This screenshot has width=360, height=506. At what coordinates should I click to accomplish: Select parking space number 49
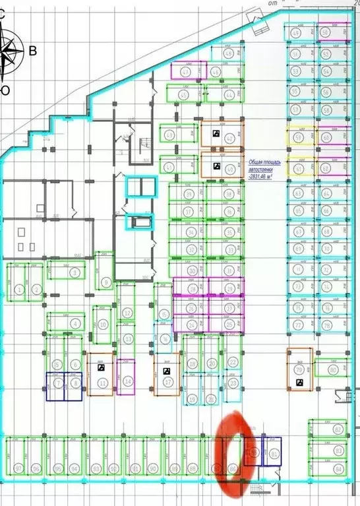pos(297,32)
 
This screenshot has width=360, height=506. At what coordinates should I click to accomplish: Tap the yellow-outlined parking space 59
pos(298,137)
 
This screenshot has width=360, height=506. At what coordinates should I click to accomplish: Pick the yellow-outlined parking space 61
pos(298,168)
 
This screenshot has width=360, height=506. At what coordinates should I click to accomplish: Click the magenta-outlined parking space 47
pos(185,71)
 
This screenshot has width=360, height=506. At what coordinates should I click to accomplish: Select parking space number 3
pos(74,272)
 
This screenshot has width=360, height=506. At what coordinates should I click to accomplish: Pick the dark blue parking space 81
pos(272,453)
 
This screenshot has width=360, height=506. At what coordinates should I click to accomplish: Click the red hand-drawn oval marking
pos(235,449)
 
